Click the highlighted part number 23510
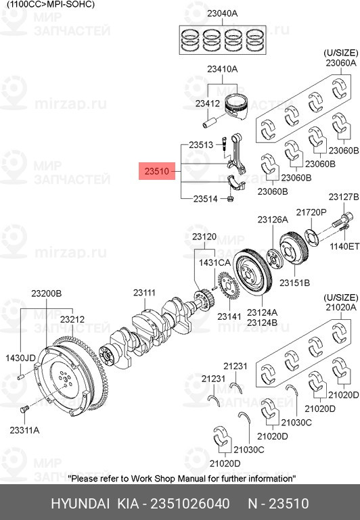point(156,171)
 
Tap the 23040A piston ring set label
point(223,14)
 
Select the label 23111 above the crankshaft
point(144,293)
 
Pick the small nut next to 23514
point(230,199)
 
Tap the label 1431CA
point(215,262)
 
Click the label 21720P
point(311,212)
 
